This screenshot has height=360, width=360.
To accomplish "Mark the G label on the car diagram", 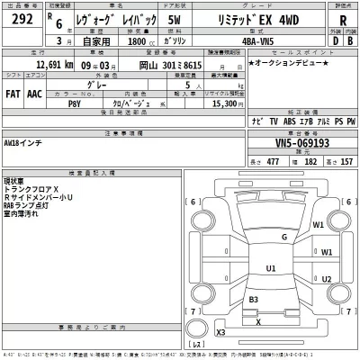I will [283, 237].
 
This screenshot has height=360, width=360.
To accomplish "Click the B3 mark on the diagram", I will [255, 299].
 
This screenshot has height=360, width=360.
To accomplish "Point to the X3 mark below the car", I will [220, 333].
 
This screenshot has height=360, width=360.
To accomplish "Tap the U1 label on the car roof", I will [271, 267].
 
